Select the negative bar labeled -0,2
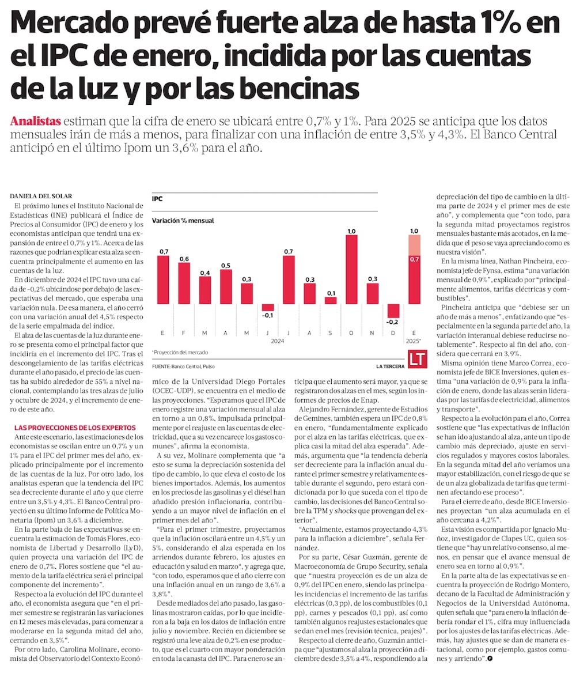[x=393, y=310]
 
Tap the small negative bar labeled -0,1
[x=268, y=307]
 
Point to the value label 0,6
[x=184, y=258]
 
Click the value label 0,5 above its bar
[x=226, y=265]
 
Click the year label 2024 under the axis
[x=279, y=341]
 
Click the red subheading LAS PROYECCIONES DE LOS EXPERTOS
[x=75, y=428]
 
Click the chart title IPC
[x=157, y=199]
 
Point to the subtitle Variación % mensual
[x=183, y=220]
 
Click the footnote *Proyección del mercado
[x=180, y=351]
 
